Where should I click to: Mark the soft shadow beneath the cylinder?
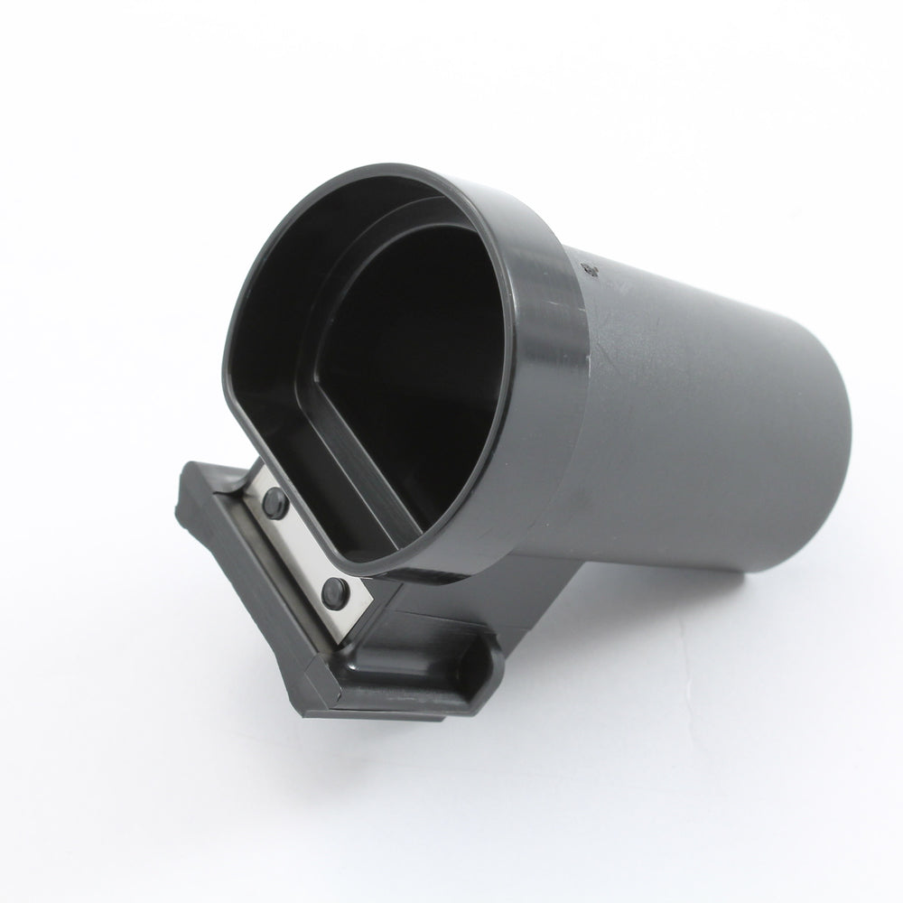(x=722, y=650)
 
